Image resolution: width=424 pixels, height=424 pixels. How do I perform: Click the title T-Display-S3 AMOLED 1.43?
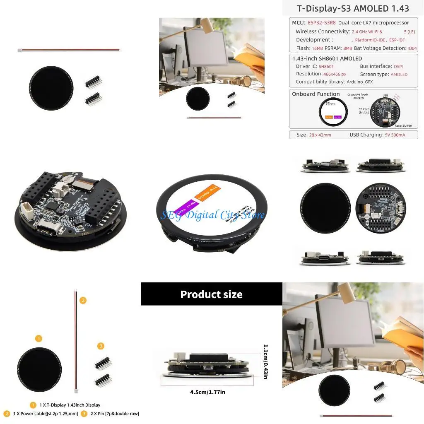(353, 8)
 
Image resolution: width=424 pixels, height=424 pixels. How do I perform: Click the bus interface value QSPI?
(398, 66)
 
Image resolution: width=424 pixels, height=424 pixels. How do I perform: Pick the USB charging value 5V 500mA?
(395, 135)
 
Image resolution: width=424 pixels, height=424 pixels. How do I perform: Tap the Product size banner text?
(211, 294)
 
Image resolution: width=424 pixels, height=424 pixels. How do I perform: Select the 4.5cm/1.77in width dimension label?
(207, 392)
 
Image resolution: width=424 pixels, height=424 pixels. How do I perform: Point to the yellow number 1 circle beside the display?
(39, 339)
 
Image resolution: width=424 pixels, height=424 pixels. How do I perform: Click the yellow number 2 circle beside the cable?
(83, 300)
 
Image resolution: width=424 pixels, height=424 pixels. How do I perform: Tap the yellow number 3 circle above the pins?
(101, 346)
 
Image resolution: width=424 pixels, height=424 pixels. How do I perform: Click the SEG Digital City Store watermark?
(212, 215)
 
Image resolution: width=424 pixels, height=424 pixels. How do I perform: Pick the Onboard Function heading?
(316, 94)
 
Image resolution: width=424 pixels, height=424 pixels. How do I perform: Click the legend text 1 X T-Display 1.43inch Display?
(70, 405)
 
